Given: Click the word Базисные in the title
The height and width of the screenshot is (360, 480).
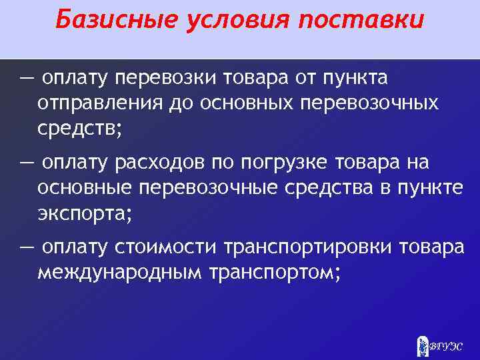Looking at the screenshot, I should click(x=101, y=21).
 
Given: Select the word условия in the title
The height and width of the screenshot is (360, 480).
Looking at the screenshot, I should click(x=223, y=21).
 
